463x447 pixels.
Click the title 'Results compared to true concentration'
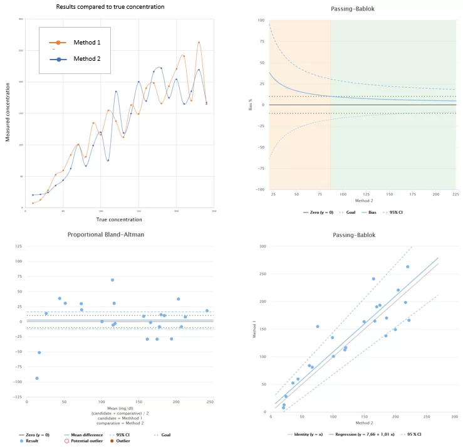(110, 7)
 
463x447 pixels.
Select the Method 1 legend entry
(86, 42)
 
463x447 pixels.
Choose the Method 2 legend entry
(86, 59)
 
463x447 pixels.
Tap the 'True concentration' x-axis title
(119, 219)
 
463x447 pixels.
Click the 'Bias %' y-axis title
(250, 105)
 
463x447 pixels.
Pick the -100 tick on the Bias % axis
(259, 189)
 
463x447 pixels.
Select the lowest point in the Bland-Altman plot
(37, 378)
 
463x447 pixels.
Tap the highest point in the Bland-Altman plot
(112, 280)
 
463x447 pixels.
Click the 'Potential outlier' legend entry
(85, 441)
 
